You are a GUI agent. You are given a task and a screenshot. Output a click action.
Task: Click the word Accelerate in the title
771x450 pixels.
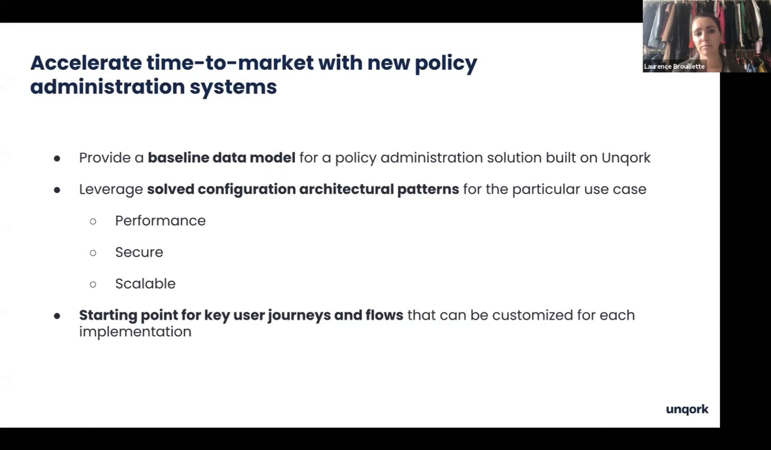pyautogui.click(x=86, y=63)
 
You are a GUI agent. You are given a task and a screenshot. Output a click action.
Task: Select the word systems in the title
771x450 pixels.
pyautogui.click(x=233, y=87)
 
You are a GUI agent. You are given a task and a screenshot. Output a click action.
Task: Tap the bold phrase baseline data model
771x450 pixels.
pyautogui.click(x=222, y=157)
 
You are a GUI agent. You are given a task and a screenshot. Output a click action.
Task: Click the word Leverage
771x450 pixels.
pyautogui.click(x=111, y=190)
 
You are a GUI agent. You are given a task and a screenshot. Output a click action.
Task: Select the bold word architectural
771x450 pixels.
pyautogui.click(x=346, y=189)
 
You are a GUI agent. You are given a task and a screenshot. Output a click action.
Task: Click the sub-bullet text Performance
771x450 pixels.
pyautogui.click(x=160, y=221)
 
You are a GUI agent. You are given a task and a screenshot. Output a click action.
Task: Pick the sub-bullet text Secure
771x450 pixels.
pyautogui.click(x=139, y=252)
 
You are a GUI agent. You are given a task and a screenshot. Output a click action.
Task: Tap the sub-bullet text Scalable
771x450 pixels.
pyautogui.click(x=145, y=283)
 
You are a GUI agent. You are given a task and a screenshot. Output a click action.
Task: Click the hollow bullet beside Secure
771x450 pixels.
pyautogui.click(x=93, y=253)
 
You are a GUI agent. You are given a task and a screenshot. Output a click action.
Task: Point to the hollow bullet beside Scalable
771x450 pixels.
pyautogui.click(x=93, y=285)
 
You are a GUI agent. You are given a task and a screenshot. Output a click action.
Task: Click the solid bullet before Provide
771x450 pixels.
pyautogui.click(x=57, y=158)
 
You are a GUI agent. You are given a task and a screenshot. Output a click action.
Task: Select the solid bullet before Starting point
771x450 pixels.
pyautogui.click(x=57, y=316)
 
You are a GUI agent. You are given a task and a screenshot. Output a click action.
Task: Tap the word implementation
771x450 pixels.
pyautogui.click(x=135, y=332)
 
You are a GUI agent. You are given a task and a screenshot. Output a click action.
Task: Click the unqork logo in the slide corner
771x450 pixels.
pyautogui.click(x=687, y=410)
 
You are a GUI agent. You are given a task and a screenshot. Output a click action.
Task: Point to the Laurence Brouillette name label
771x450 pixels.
pyautogui.click(x=674, y=66)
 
